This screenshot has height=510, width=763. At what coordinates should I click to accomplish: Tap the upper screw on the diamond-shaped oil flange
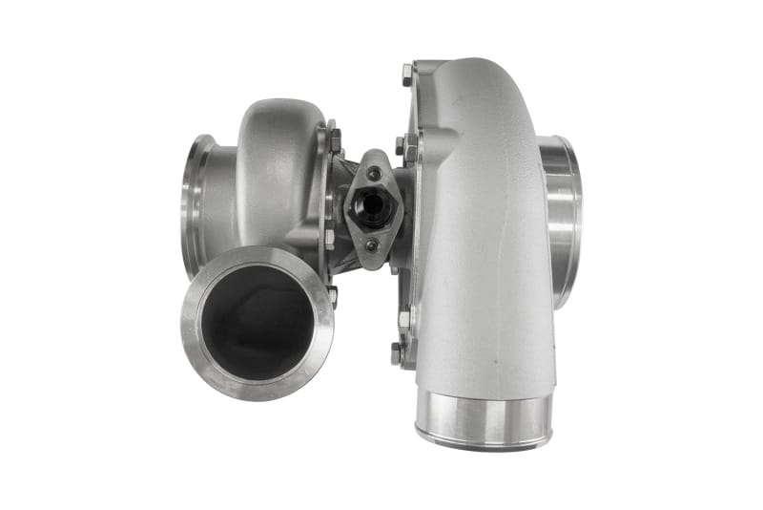(x=375, y=173)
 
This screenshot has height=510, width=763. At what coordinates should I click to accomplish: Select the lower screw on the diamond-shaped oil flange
(x=372, y=245)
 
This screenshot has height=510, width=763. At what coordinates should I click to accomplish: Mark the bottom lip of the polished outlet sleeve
(x=484, y=441)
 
